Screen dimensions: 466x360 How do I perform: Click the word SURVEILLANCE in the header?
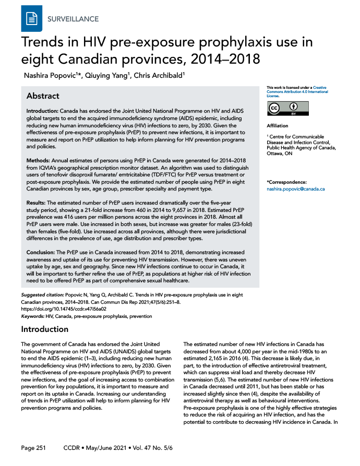73,19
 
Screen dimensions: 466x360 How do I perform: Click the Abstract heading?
42,96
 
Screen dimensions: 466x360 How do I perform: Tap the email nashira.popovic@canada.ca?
295,188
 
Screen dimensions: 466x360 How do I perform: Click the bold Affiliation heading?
277,126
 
